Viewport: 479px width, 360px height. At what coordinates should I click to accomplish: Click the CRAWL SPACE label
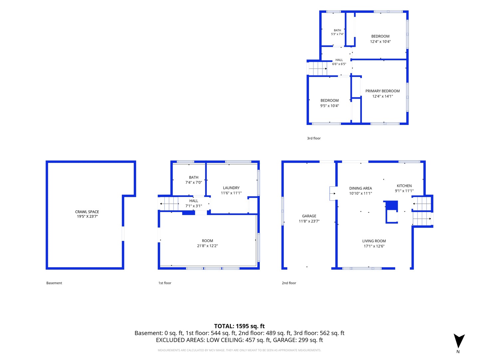click(87, 212)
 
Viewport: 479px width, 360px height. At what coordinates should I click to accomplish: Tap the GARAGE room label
click(309, 216)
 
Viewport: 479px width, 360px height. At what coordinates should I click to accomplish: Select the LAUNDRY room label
click(231, 188)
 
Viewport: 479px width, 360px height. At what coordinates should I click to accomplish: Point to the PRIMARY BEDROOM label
click(382, 91)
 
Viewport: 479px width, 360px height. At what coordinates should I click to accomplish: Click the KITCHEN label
click(404, 186)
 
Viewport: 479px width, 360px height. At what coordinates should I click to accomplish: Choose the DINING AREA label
click(360, 188)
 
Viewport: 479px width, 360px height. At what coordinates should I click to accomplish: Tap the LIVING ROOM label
click(374, 241)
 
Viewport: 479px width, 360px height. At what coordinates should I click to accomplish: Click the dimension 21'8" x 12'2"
click(207, 246)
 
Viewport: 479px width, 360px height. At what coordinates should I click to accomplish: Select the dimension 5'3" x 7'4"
click(337, 34)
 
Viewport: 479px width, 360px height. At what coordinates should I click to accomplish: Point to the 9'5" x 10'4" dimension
click(329, 106)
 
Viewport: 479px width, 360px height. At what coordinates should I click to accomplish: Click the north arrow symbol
click(459, 341)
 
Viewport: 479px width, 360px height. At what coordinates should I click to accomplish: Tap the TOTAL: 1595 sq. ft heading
click(239, 326)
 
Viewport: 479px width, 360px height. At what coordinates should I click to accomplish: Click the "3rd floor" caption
click(314, 138)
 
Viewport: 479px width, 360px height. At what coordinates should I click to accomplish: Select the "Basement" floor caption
click(54, 283)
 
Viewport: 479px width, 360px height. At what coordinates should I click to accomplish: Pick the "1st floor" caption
click(165, 283)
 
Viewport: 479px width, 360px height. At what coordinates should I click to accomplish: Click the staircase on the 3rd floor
click(318, 69)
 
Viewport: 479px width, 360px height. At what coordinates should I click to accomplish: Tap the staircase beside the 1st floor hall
click(169, 204)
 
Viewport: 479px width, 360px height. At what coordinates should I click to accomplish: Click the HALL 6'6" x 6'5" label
click(339, 62)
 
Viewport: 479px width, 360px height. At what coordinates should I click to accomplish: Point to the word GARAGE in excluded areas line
click(283, 340)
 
